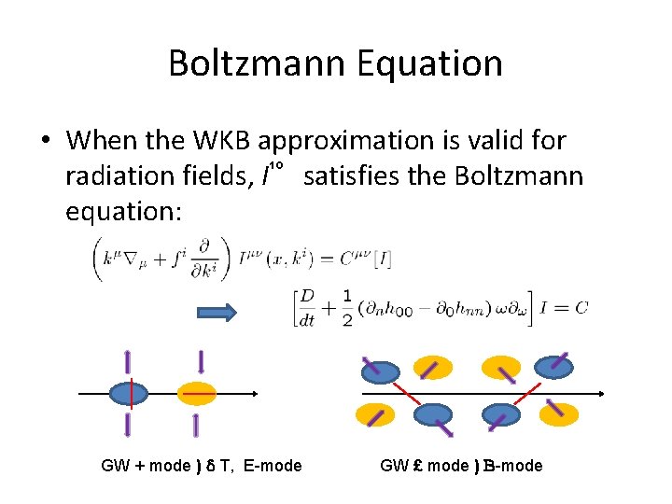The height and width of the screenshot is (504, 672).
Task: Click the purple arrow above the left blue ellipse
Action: [x=128, y=363]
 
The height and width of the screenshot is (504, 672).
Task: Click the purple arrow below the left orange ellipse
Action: [x=196, y=426]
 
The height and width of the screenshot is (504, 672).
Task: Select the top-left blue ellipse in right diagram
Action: [x=380, y=371]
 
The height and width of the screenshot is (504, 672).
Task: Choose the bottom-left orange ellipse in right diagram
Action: [x=374, y=414]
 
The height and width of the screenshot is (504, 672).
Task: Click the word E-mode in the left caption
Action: [x=273, y=465]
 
